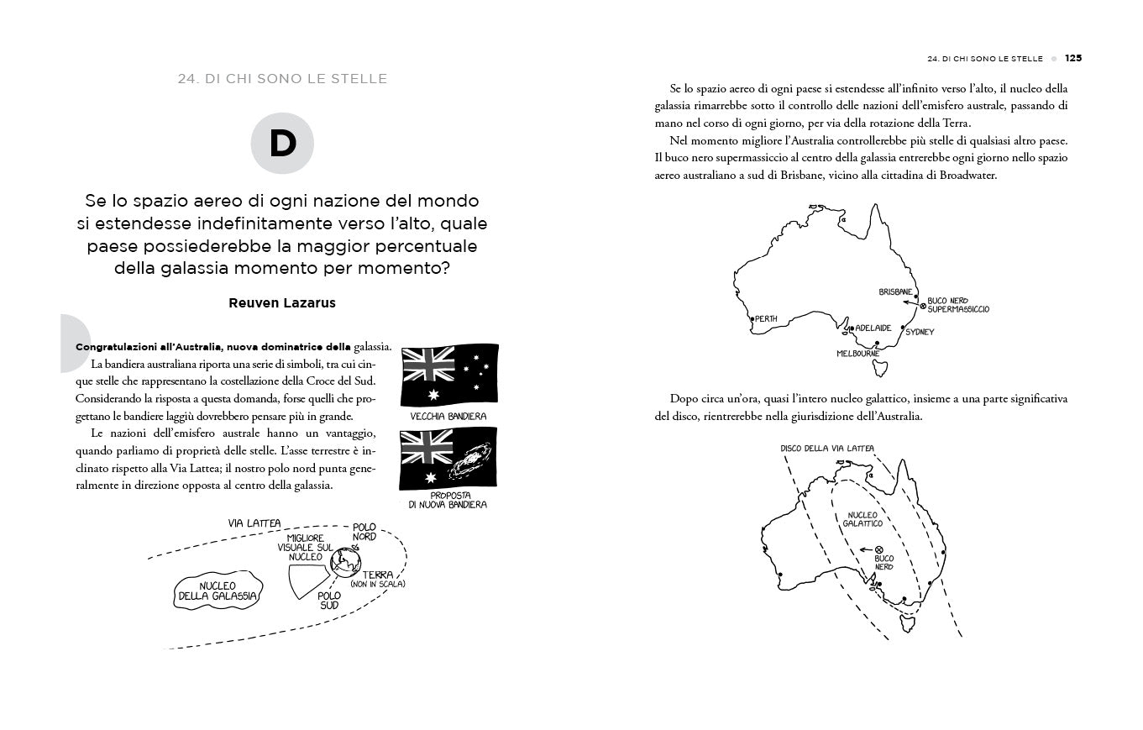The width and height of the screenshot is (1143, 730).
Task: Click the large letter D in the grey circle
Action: click(x=282, y=144)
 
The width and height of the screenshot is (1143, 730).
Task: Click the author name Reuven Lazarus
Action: click(x=282, y=303)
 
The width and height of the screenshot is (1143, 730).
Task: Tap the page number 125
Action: click(x=1072, y=59)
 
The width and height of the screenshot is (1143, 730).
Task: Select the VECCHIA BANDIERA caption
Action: click(x=448, y=416)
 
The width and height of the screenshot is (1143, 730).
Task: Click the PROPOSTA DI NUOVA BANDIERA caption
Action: click(x=448, y=500)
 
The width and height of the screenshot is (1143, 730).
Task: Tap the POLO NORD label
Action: click(x=364, y=532)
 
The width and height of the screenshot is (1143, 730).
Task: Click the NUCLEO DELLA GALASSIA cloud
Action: click(x=218, y=591)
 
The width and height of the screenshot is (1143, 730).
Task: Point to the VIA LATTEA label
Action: click(x=254, y=523)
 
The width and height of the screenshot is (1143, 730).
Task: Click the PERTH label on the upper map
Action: click(x=766, y=319)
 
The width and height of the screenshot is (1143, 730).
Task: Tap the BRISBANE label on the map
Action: click(x=895, y=291)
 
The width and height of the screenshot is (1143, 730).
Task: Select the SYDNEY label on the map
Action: click(x=920, y=332)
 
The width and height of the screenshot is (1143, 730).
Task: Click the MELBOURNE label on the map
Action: click(x=857, y=354)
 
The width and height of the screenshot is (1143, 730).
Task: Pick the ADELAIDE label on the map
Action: click(x=873, y=328)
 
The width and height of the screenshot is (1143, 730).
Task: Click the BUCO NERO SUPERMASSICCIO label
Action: click(x=958, y=305)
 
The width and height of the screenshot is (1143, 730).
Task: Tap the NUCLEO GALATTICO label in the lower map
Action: click(x=862, y=519)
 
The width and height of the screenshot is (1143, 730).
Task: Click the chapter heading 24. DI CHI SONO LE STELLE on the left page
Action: click(x=282, y=79)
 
